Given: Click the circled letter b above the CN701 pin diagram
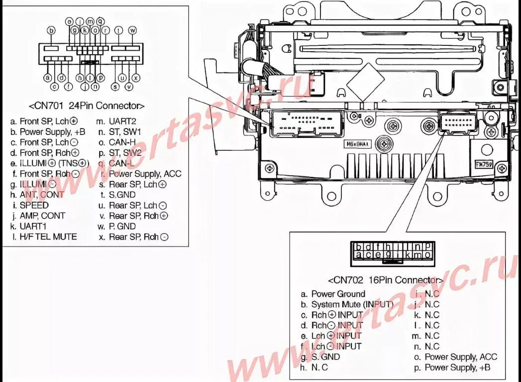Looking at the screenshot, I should [x=50, y=30].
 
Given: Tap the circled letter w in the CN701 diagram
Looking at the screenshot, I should [x=132, y=30].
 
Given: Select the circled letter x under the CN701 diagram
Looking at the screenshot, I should [x=135, y=78].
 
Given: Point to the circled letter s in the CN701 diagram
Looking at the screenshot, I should [x=115, y=87].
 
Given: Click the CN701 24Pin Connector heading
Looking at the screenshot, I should [x=87, y=106].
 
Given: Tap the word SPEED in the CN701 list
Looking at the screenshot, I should [x=34, y=205].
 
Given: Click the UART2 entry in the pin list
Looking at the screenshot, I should [x=122, y=121].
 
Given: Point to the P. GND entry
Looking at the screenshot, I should [x=122, y=226].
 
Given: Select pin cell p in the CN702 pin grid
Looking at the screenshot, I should [x=427, y=246].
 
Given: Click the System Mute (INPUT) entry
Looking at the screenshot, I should [x=352, y=304].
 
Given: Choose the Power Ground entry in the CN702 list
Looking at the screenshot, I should [x=338, y=294].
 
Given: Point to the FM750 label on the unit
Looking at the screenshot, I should [x=483, y=164].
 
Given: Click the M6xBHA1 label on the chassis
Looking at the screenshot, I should [x=357, y=144].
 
